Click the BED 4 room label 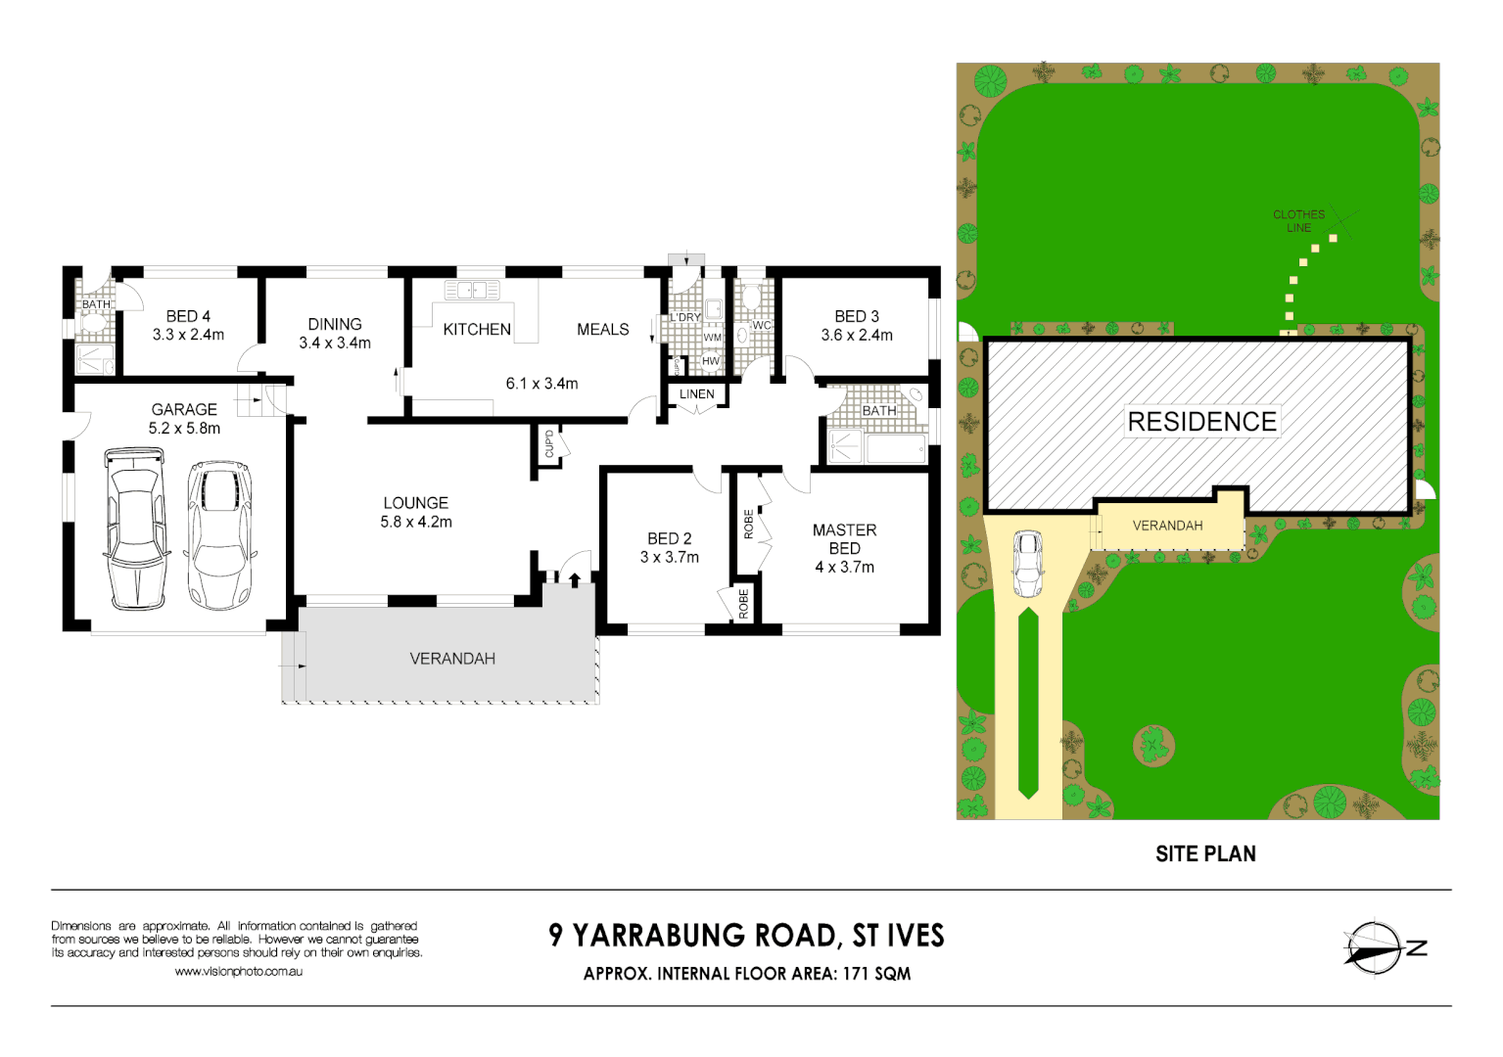point(188,316)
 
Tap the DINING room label point(335,324)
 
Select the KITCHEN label point(477,330)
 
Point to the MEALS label point(603,330)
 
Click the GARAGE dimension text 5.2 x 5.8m point(184,429)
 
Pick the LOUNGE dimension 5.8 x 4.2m point(416,523)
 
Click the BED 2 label point(670,538)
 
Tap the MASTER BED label point(844,539)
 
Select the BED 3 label point(857,316)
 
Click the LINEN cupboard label point(697,394)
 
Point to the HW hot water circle point(711,361)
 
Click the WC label point(762,326)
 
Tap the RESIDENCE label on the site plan point(1201,422)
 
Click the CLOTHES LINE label point(1298,221)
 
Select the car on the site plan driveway point(1027,563)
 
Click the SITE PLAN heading point(1205,854)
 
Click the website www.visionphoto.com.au point(238,972)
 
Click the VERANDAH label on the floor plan point(452,659)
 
